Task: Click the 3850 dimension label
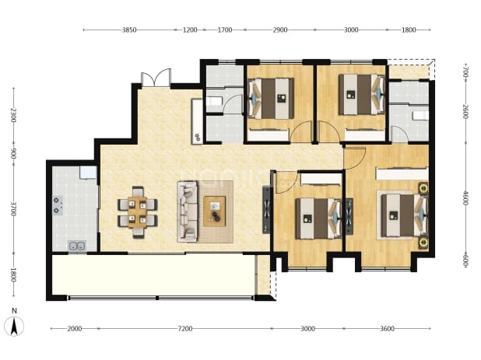129,30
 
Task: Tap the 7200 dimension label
185,329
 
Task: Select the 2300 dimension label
13,115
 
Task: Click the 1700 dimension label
225,30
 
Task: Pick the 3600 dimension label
387,329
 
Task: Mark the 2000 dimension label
75,329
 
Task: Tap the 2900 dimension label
280,30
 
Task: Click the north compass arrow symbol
14,327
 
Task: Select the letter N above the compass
14,311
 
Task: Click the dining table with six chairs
138,212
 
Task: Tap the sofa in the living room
188,211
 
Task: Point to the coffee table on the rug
214,211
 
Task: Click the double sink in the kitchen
77,246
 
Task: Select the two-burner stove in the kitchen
58,205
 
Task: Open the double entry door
156,78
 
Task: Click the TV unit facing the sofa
266,210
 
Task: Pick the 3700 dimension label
13,208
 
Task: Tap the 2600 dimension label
465,112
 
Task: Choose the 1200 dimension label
190,30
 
